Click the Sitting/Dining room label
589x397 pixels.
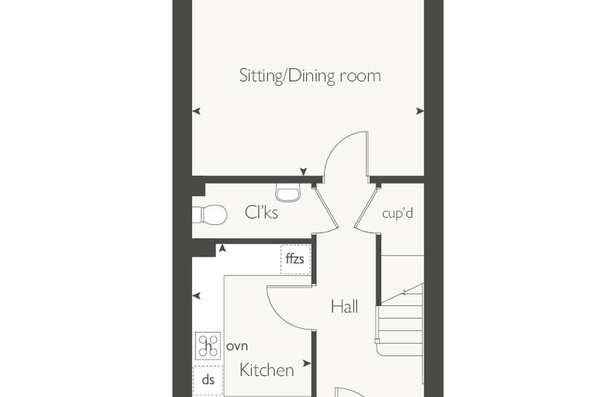point(310,76)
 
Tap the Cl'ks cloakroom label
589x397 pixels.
point(261,212)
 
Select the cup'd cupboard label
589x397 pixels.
point(398,213)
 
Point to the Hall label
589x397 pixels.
point(344,306)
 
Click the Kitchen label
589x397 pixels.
point(267,371)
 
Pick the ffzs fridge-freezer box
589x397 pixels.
point(295,260)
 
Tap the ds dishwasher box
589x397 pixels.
point(208,380)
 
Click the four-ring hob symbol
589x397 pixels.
point(208,346)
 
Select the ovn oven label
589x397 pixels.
point(237,347)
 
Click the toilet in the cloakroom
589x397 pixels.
point(209,215)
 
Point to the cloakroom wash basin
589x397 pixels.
point(288,192)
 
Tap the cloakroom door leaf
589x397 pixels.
point(325,208)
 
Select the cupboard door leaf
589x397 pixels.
point(366,208)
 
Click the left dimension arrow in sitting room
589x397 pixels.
point(196,112)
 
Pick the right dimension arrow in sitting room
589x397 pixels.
point(420,111)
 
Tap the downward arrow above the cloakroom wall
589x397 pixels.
point(304,172)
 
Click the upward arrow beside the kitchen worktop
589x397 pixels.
point(222,248)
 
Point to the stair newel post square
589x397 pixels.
point(377,341)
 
